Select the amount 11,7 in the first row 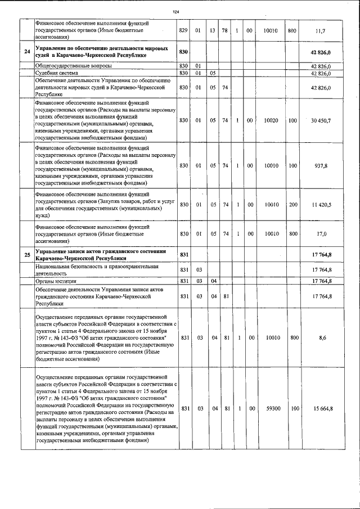click(323, 30)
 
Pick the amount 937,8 click(323, 165)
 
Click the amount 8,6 click(323, 338)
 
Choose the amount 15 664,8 click(323, 408)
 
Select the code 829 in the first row click(183, 30)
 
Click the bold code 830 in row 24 click(183, 52)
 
